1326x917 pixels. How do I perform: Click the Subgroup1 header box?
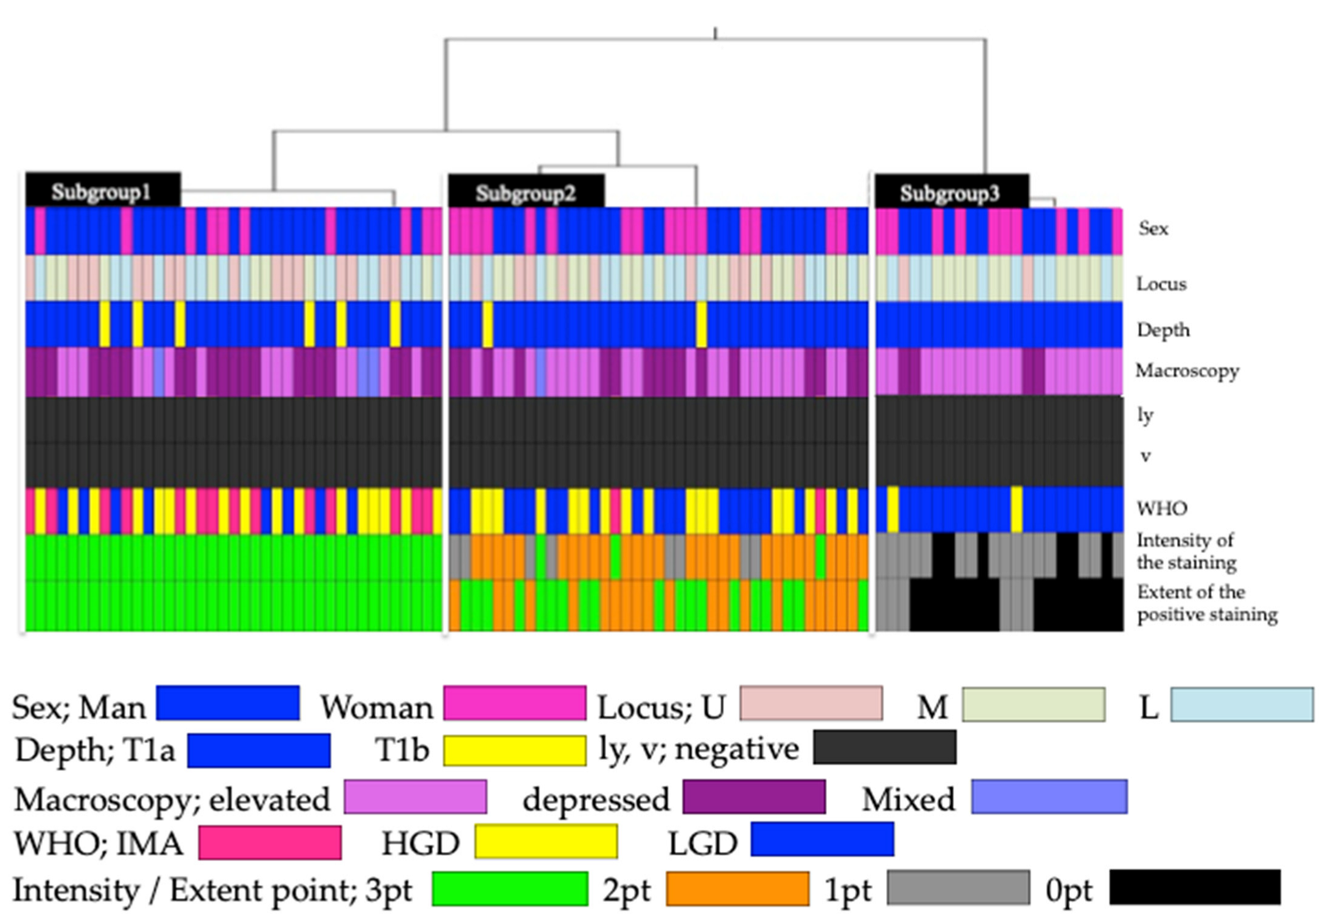coord(103,191)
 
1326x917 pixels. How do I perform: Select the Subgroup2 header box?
coord(526,192)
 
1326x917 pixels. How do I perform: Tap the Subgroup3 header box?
coord(951,192)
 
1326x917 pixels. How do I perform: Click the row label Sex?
coord(1153,228)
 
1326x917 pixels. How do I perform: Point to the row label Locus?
coord(1161,284)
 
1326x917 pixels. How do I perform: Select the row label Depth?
coord(1163,329)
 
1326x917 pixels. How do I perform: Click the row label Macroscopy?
coord(1187,370)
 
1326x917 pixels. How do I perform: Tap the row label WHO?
coord(1162,507)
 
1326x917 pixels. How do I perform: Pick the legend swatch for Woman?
coord(514,703)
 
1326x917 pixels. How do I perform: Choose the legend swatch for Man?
coord(228,703)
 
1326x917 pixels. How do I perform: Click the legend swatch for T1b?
coord(514,750)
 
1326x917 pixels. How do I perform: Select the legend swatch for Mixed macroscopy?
coord(1049,797)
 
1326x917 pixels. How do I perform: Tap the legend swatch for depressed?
coord(753,797)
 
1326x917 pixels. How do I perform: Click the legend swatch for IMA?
coord(270,843)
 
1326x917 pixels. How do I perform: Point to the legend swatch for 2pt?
coord(737,888)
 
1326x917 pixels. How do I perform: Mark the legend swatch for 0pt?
coord(1194,887)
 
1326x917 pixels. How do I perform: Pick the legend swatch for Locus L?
coord(1241,705)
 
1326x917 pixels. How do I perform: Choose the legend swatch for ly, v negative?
coord(884,747)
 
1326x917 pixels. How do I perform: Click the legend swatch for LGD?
coord(822,840)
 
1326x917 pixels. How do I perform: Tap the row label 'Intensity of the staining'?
coord(1185,551)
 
